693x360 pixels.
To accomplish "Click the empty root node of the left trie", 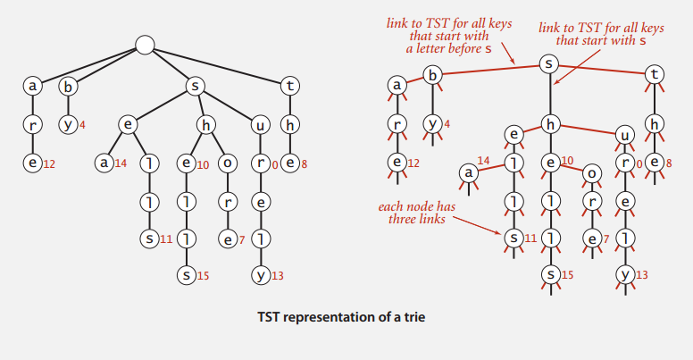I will [x=146, y=45].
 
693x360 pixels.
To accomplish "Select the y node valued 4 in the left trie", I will [x=67, y=124].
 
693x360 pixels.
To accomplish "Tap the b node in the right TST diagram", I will [x=433, y=77].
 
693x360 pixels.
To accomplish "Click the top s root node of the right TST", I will [x=552, y=64].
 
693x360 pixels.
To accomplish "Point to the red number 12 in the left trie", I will [x=49, y=163].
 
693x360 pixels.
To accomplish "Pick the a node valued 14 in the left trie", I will [x=104, y=163].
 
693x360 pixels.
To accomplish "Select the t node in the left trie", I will [x=288, y=87].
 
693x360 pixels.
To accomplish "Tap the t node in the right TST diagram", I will [x=655, y=77].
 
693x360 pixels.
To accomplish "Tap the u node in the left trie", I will [x=260, y=124].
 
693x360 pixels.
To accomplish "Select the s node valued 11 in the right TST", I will [x=513, y=238].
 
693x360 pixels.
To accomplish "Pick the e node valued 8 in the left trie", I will [x=288, y=163].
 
